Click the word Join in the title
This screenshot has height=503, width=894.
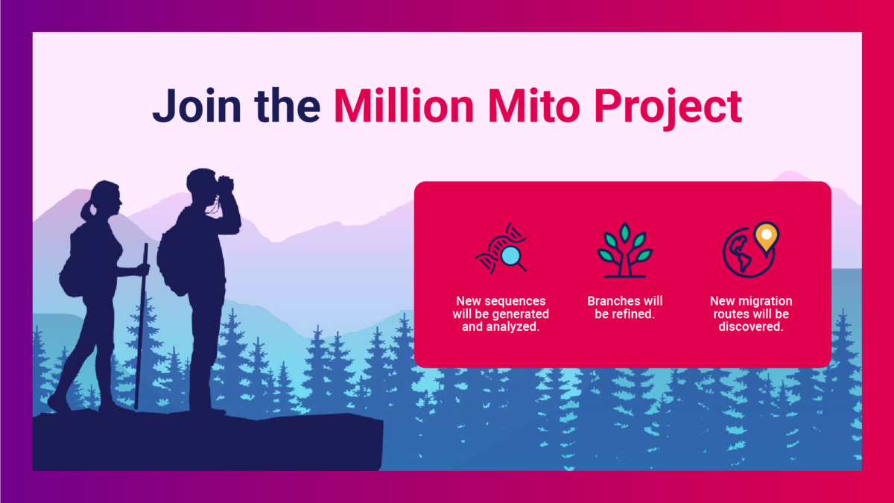[x=197, y=106]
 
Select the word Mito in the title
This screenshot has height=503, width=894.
[x=534, y=105]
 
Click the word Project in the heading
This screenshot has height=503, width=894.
[x=668, y=109]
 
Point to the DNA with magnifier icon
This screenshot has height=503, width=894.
[x=501, y=248]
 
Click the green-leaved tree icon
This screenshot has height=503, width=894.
[x=625, y=250]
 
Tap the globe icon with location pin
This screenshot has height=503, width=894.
[x=751, y=250]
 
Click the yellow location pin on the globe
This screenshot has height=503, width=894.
[x=767, y=238]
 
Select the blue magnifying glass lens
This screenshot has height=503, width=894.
[x=510, y=256]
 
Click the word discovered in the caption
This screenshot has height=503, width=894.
[x=751, y=326]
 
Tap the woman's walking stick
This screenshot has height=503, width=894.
[x=141, y=326]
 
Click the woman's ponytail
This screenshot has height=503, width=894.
[x=86, y=211]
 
